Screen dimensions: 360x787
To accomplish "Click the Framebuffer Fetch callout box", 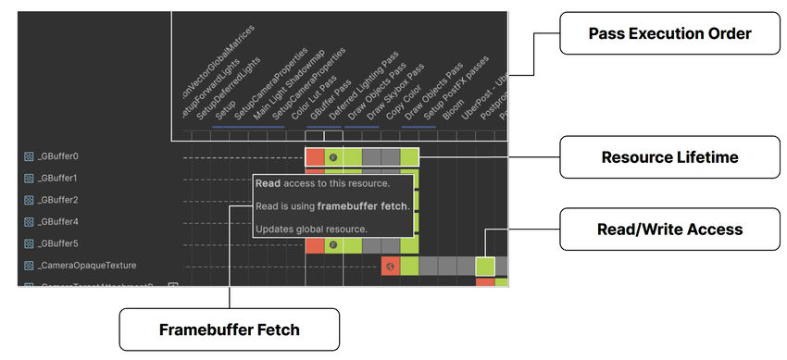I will pyautogui.click(x=229, y=329).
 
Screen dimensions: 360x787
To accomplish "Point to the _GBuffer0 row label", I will pyautogui.click(x=57, y=156).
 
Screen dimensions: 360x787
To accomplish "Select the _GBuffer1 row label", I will pyautogui.click(x=57, y=178).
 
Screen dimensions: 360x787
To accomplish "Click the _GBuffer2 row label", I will pyautogui.click(x=57, y=200).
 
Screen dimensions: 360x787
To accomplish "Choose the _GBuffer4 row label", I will pyautogui.click(x=57, y=222).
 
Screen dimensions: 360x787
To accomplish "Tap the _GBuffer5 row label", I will pyautogui.click(x=57, y=244).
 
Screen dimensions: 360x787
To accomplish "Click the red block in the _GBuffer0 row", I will pyautogui.click(x=315, y=156).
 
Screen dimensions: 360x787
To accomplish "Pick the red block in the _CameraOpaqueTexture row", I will pyautogui.click(x=390, y=267).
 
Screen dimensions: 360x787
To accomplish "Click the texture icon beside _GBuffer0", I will pyautogui.click(x=29, y=156).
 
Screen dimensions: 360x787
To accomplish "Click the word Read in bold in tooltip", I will pyautogui.click(x=269, y=184).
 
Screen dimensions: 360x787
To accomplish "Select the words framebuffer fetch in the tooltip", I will pyautogui.click(x=369, y=206).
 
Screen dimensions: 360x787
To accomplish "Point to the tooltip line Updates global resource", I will pyautogui.click(x=311, y=229).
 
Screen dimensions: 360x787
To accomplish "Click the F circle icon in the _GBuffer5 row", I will pyautogui.click(x=333, y=245).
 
